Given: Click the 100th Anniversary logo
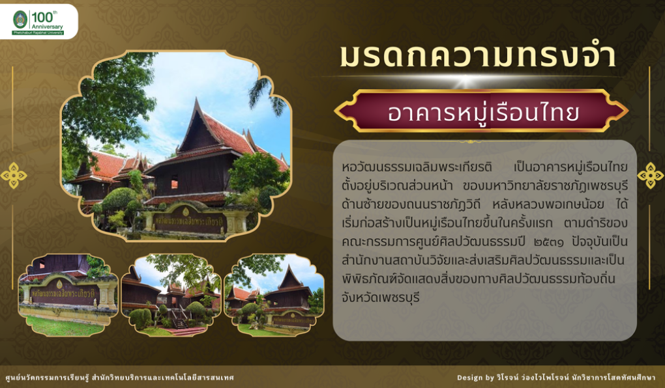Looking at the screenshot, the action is pyautogui.click(x=38, y=22).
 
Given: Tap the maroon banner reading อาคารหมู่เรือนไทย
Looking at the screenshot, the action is pyautogui.click(x=481, y=111).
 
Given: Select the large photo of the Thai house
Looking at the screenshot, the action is pyautogui.click(x=176, y=145).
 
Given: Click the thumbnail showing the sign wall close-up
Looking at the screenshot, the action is pyautogui.click(x=68, y=295).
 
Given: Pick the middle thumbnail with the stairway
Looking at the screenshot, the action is pyautogui.click(x=171, y=295).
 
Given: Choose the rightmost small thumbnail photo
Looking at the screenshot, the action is pyautogui.click(x=274, y=295).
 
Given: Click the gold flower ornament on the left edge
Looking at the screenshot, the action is pyautogui.click(x=13, y=175).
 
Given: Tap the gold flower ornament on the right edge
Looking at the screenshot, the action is pyautogui.click(x=651, y=175).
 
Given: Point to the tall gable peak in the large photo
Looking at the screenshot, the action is pyautogui.click(x=196, y=100).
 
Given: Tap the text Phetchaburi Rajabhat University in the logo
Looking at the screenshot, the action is pyautogui.click(x=38, y=33).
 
